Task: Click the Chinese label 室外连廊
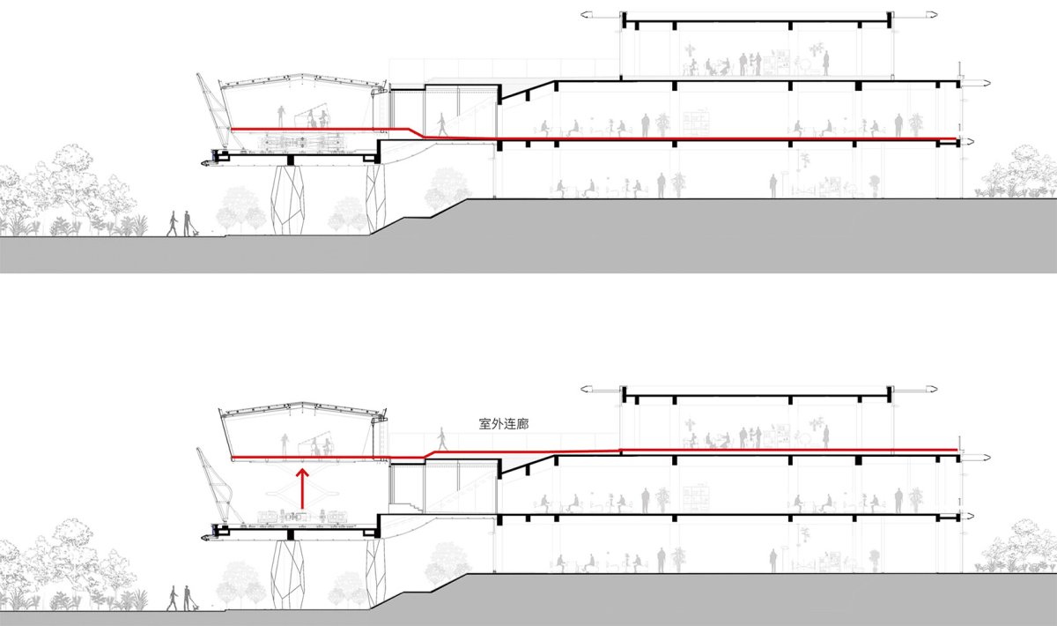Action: tap(504, 424)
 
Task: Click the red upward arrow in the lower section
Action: tap(302, 489)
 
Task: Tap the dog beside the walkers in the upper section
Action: tap(196, 233)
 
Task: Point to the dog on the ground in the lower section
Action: tap(196, 608)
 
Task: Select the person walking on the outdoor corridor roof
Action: tap(442, 438)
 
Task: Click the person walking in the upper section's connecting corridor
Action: tap(442, 124)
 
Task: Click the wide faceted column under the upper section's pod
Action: tap(288, 199)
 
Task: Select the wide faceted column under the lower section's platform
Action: tap(288, 575)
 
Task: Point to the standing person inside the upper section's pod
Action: tap(281, 116)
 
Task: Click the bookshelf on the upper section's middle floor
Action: tap(697, 124)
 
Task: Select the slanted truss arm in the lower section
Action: tap(216, 487)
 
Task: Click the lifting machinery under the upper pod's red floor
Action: tap(302, 141)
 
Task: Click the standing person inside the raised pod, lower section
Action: tap(284, 445)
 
